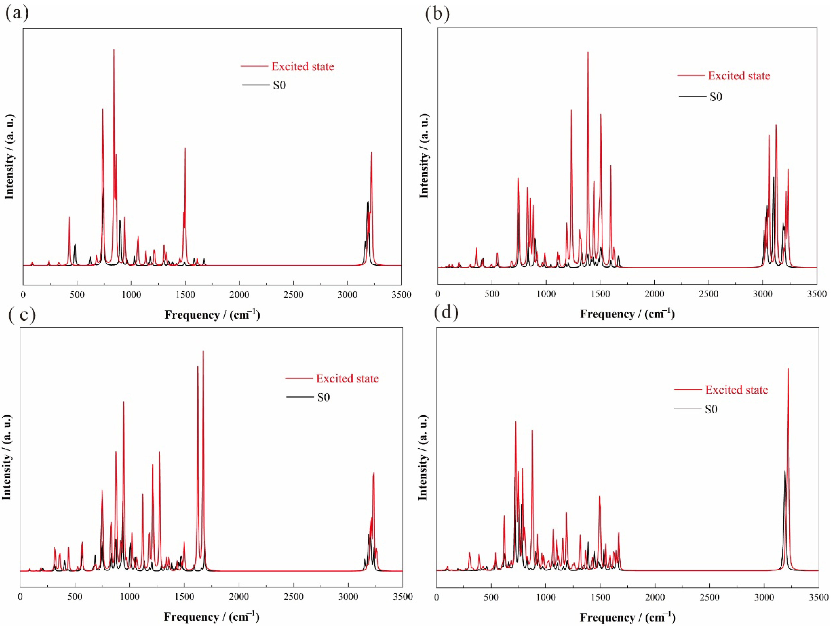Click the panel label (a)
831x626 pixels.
[17, 14]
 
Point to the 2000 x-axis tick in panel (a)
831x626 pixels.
[239, 295]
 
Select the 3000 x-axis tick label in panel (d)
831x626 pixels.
[764, 597]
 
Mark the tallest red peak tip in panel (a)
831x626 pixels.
[114, 50]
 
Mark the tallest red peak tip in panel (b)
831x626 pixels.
[588, 52]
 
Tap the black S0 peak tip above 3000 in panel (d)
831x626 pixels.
[784, 471]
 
